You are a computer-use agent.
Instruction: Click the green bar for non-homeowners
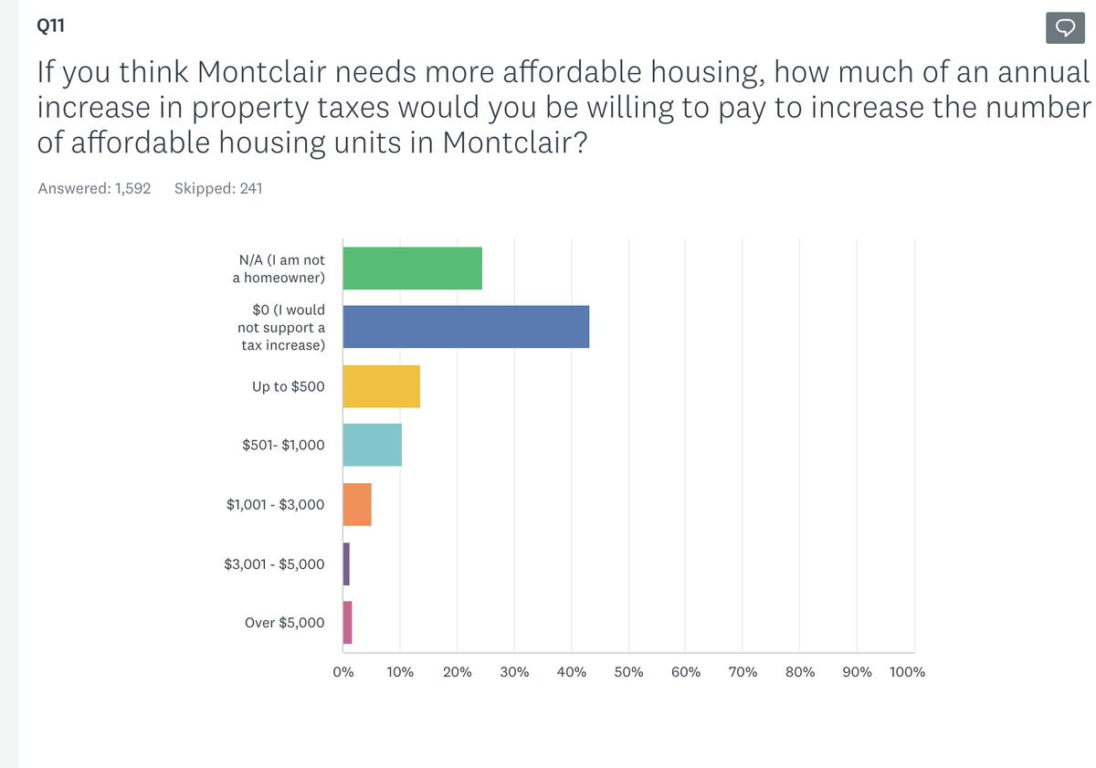click(412, 268)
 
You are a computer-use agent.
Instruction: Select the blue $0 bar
click(466, 327)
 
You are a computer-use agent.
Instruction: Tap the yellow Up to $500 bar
click(381, 386)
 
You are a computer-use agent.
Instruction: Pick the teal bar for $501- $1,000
click(372, 445)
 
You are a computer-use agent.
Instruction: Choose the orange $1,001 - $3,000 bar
click(357, 505)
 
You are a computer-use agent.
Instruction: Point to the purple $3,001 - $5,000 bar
click(346, 563)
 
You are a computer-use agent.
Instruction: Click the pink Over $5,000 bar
click(347, 622)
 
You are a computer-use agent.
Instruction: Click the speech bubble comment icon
click(1064, 28)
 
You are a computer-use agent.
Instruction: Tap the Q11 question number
click(51, 26)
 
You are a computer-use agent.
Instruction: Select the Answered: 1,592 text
click(94, 188)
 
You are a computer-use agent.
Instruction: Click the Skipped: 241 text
click(218, 188)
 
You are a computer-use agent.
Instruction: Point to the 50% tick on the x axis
click(628, 672)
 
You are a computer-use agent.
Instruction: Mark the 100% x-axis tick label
click(907, 672)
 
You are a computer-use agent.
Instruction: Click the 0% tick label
click(343, 672)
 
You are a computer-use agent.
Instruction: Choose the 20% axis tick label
click(457, 672)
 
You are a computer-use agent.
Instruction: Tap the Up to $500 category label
click(288, 386)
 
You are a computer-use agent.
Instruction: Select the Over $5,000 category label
click(284, 623)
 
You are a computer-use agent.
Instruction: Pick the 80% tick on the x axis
click(799, 672)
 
